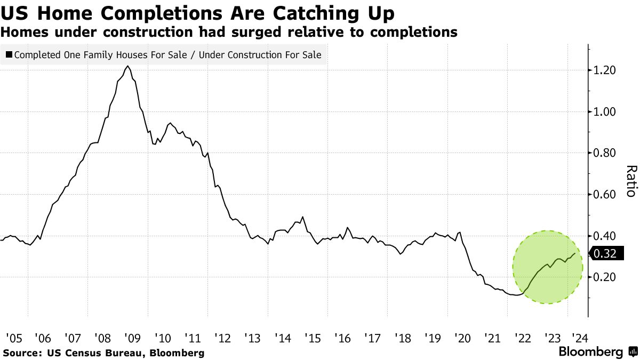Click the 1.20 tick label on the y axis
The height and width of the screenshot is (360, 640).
606,70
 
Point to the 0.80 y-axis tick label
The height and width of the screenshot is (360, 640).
606,153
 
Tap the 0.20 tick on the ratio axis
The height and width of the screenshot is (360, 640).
606,277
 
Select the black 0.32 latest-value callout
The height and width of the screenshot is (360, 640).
605,254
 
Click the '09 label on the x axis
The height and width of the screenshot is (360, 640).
132,338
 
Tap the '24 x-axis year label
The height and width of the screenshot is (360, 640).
577,338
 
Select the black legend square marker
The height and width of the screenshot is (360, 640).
9,54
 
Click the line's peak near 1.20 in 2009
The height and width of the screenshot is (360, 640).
127,66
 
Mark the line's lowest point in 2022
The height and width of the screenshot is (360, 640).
515,295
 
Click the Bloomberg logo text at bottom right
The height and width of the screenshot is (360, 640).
590,352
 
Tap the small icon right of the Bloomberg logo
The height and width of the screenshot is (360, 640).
633,352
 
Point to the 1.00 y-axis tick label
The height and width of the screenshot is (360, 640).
606,112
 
